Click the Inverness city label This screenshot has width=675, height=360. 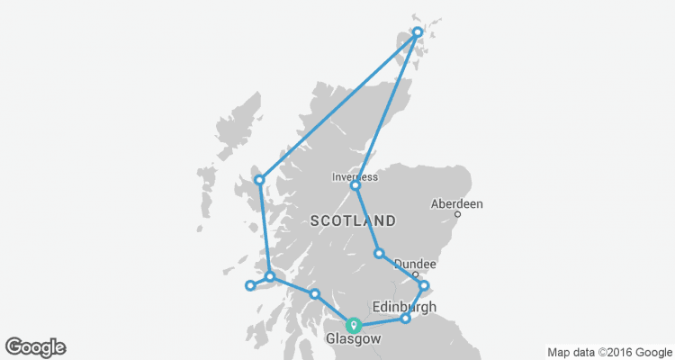pyautogui.click(x=355, y=176)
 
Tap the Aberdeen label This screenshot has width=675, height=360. pyautogui.click(x=457, y=204)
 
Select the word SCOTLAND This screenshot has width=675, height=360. pyautogui.click(x=353, y=220)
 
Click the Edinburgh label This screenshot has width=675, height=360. pyautogui.click(x=403, y=306)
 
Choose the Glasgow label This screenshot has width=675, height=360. pyautogui.click(x=353, y=339)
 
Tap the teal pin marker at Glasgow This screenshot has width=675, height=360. pyautogui.click(x=355, y=324)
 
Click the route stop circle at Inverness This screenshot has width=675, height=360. pyautogui.click(x=355, y=186)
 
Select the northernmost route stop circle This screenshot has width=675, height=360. pyautogui.click(x=418, y=32)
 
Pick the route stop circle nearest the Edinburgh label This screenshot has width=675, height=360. pyautogui.click(x=406, y=318)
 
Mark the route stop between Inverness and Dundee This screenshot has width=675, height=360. pyautogui.click(x=380, y=253)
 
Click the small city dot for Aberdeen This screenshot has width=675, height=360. pyautogui.click(x=457, y=214)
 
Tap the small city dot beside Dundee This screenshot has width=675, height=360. pyautogui.click(x=415, y=274)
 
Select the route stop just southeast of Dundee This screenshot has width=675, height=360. pyautogui.click(x=425, y=286)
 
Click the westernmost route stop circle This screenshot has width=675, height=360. pyautogui.click(x=250, y=286)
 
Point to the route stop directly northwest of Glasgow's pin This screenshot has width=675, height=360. pyautogui.click(x=315, y=294)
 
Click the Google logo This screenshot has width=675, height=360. pyautogui.click(x=35, y=346)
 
